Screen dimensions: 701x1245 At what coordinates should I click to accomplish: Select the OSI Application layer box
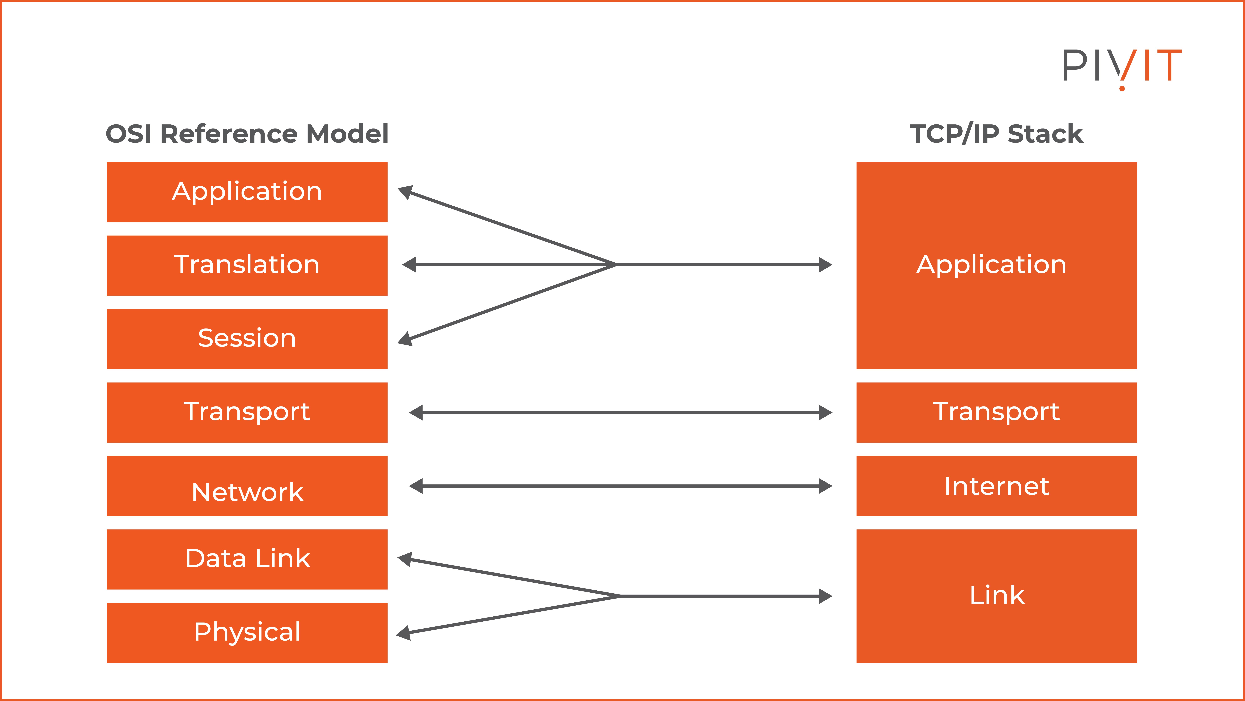pyautogui.click(x=247, y=192)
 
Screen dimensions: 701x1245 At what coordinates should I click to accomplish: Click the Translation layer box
pyautogui.click(x=247, y=266)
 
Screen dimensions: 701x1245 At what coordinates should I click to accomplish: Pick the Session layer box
pyautogui.click(x=247, y=339)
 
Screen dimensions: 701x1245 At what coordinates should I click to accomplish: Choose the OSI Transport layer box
pyautogui.click(x=247, y=412)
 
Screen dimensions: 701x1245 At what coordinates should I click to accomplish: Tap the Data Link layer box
pyautogui.click(x=247, y=559)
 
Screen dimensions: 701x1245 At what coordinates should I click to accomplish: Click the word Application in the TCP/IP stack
pyautogui.click(x=991, y=265)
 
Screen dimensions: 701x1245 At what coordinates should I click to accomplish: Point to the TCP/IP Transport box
pyautogui.click(x=997, y=412)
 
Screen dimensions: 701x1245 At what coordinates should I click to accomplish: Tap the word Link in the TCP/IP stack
pyautogui.click(x=997, y=596)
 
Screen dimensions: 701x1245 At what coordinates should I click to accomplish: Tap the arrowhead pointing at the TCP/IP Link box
pyautogui.click(x=825, y=596)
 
